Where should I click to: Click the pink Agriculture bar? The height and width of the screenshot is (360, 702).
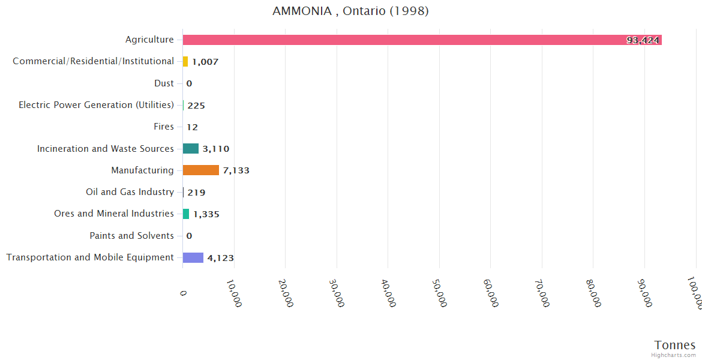(x=420, y=40)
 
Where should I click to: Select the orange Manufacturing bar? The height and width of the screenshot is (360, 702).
(x=201, y=170)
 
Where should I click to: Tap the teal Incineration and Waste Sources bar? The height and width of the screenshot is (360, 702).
(x=191, y=149)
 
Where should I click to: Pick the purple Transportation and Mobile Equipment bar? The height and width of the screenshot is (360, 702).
(x=193, y=257)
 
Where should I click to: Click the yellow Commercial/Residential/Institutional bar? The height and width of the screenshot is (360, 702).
(x=185, y=61)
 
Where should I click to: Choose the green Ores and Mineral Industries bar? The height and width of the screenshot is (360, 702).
(x=186, y=214)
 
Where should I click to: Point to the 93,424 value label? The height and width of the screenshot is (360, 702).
(x=643, y=40)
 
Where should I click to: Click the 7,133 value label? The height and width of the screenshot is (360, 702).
(x=236, y=170)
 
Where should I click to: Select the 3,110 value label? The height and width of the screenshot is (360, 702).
(x=216, y=149)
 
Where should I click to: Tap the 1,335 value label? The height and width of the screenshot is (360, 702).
(x=206, y=214)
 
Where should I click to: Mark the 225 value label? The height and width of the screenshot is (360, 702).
(x=196, y=106)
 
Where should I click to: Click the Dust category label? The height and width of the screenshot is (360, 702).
(x=164, y=83)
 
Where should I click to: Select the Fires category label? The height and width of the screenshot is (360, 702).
(x=164, y=127)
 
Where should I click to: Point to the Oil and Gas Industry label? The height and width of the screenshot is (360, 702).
(x=130, y=192)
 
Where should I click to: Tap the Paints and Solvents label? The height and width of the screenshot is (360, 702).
(x=131, y=236)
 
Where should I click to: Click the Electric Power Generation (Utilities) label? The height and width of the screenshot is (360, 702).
(x=96, y=105)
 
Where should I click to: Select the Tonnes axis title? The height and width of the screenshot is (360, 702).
(x=674, y=345)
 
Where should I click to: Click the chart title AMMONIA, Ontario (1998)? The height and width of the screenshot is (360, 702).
(x=350, y=11)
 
